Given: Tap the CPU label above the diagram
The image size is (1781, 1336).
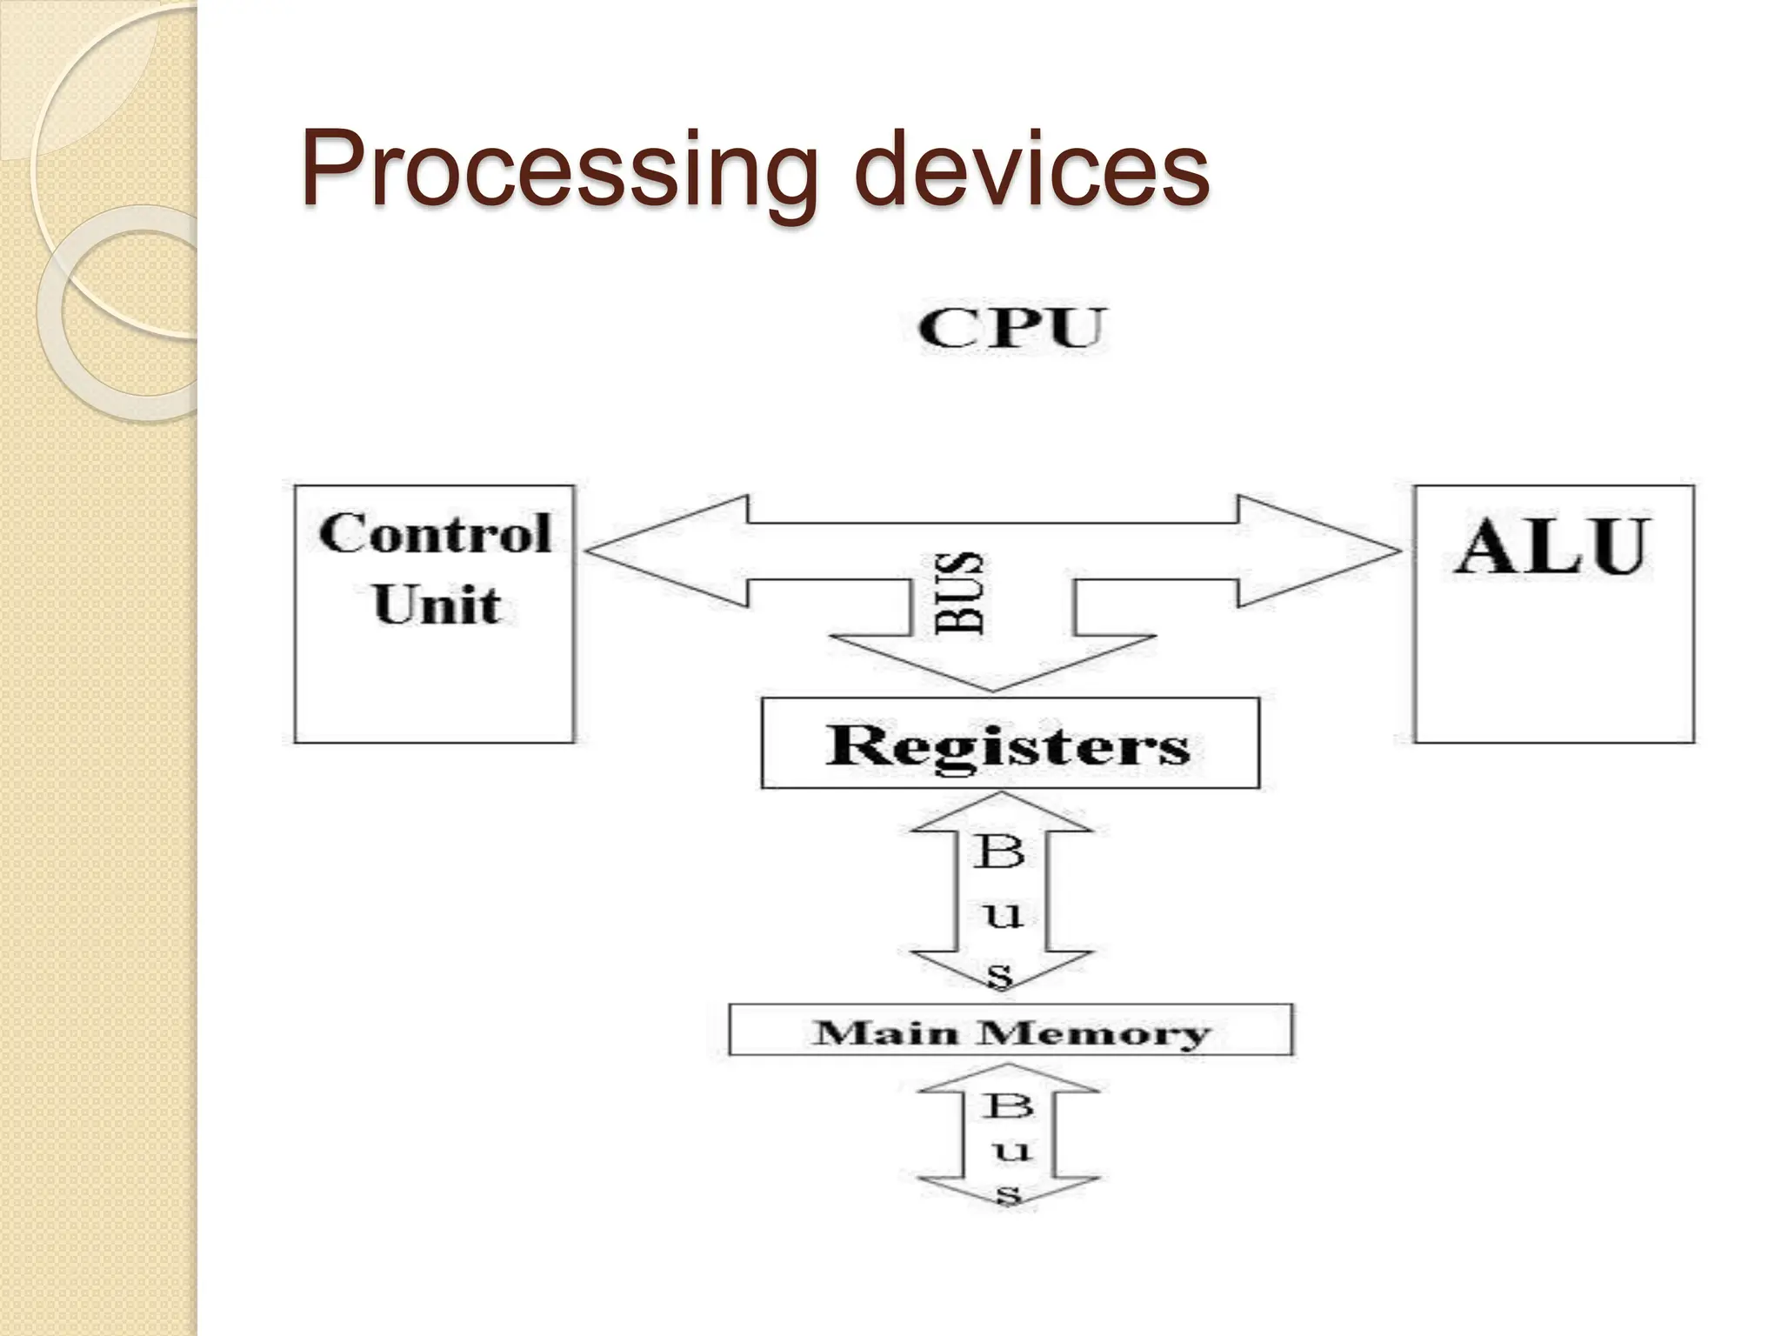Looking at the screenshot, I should (1011, 328).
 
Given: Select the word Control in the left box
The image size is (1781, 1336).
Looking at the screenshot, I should (435, 533).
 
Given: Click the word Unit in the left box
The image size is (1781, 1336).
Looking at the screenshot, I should (437, 604).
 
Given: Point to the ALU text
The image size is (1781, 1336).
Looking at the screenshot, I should (1552, 547).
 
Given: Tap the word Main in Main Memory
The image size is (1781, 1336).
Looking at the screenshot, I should (890, 1032).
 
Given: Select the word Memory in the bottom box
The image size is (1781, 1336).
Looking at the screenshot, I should (1093, 1032).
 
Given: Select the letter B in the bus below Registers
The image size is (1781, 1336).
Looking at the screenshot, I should (999, 852).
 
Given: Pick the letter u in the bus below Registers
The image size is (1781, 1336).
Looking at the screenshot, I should (1003, 914).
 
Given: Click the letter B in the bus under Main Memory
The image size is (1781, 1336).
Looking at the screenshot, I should (1009, 1106).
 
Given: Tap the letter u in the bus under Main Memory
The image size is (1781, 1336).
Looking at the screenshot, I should (1011, 1152).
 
